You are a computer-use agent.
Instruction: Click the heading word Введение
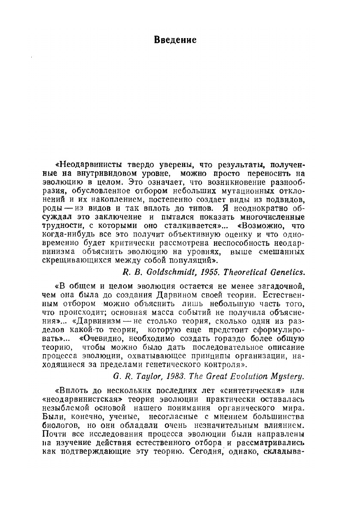tap(175, 40)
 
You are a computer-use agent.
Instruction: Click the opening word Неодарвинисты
tap(86, 164)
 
